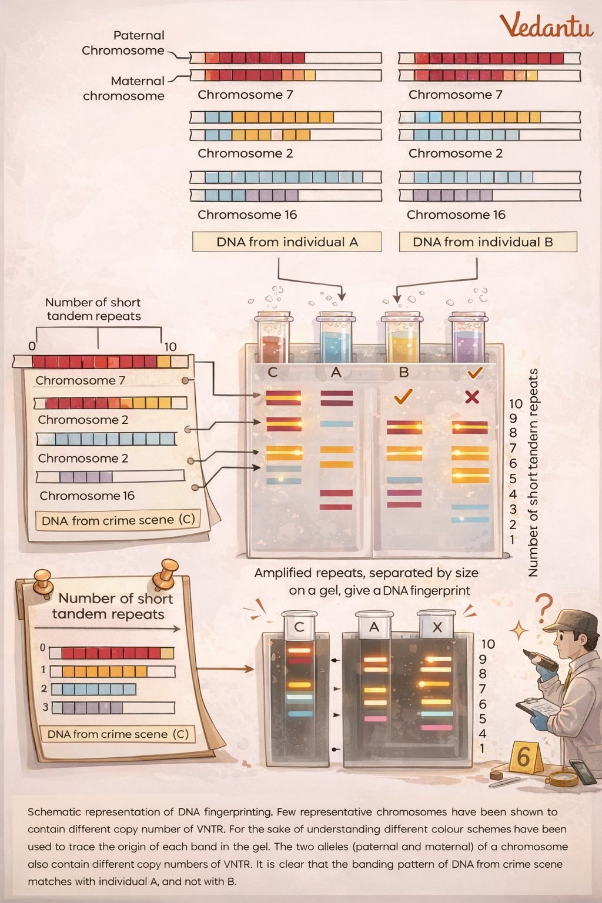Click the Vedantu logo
coord(546,26)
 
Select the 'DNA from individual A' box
coord(287,242)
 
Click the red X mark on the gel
coord(471,397)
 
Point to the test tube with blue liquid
coord(335,337)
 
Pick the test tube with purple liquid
coord(468,339)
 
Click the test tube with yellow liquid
coord(402,339)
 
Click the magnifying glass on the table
coord(563,778)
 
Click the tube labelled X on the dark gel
coord(437,625)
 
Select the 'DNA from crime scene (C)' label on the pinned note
coord(118,734)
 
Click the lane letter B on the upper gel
coord(403,372)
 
